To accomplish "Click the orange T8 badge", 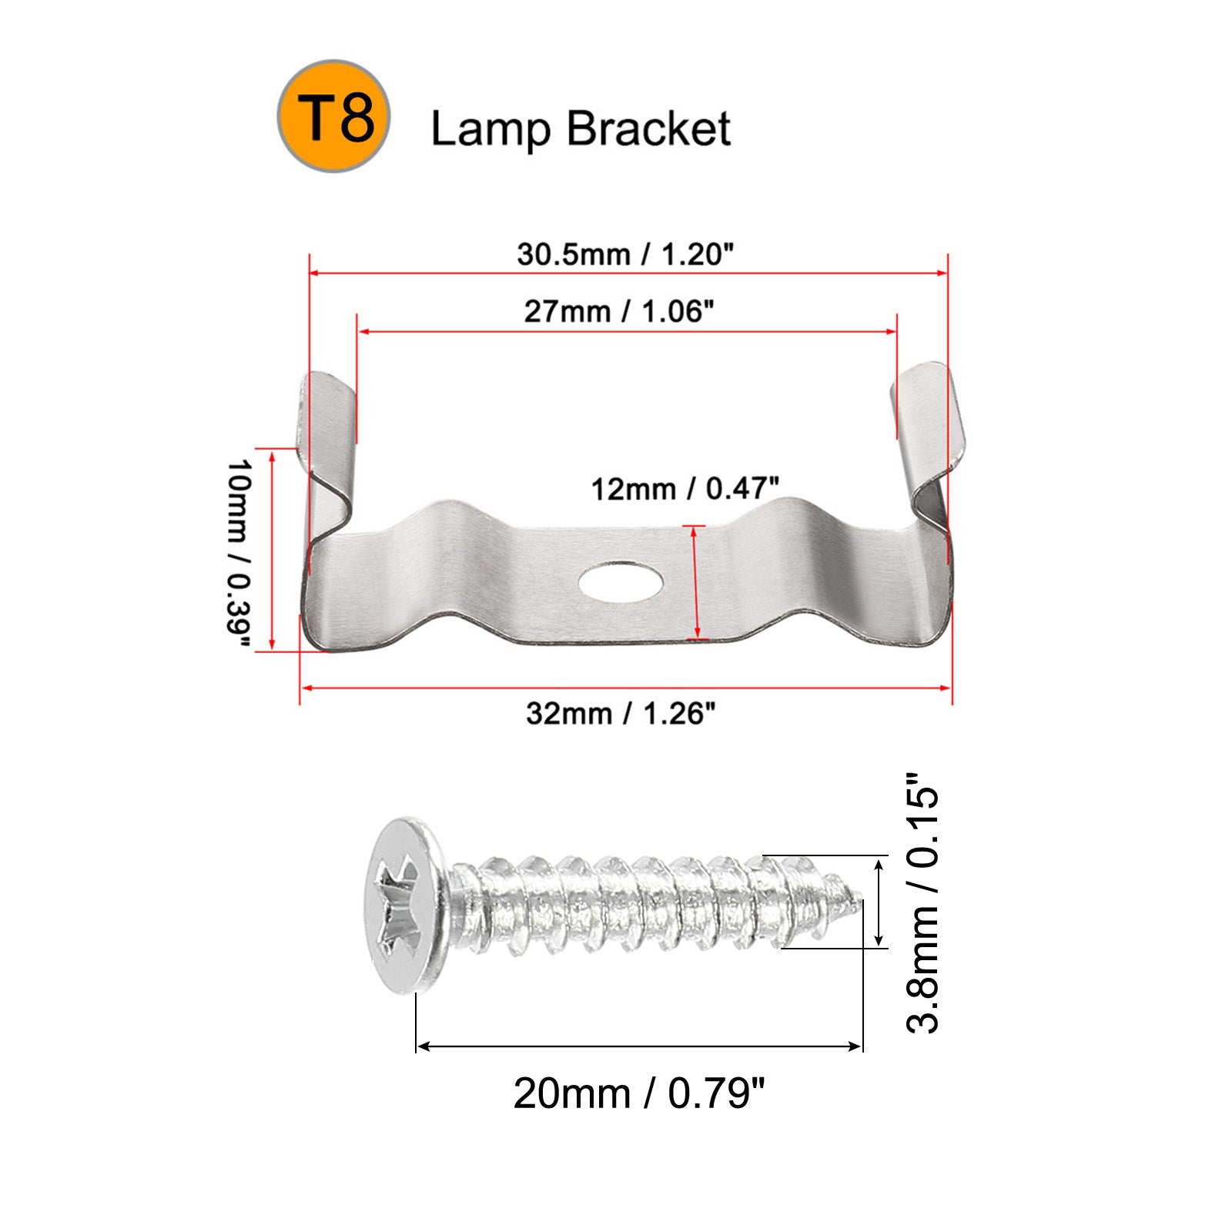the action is tap(334, 116).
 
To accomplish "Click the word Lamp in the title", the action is tap(490, 129).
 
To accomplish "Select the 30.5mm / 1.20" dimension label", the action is tap(625, 254).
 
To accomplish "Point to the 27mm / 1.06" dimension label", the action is tap(620, 311).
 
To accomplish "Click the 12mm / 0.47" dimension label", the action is tap(685, 488).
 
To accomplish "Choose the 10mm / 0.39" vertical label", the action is tap(239, 555).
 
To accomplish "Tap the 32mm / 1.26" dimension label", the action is tap(621, 713).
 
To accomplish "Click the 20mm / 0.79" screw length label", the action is tap(639, 1093).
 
